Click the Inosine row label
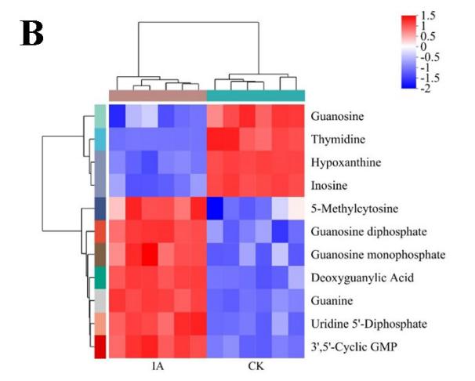pyautogui.click(x=329, y=185)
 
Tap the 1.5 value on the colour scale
pyautogui.click(x=430, y=15)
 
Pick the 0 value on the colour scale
pyautogui.click(x=424, y=47)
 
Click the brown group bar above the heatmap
pyautogui.click(x=157, y=95)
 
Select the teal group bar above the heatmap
pyautogui.click(x=256, y=95)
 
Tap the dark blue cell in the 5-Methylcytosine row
pyautogui.click(x=214, y=209)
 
